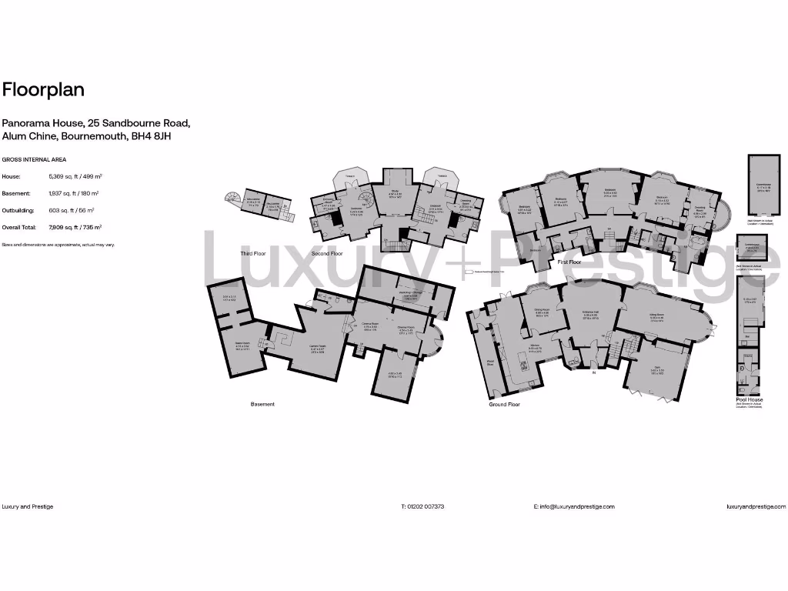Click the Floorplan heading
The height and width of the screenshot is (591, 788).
coord(43,90)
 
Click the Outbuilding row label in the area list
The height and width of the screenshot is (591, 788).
coord(21,210)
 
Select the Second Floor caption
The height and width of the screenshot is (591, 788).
coord(327,252)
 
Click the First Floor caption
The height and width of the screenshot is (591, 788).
coord(569,262)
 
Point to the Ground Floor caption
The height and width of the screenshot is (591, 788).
coord(504,404)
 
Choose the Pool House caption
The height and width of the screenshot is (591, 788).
coord(750,400)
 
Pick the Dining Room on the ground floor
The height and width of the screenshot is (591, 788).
coord(541,312)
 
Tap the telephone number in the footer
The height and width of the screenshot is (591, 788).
coord(422,506)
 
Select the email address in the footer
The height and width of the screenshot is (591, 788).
coord(574,506)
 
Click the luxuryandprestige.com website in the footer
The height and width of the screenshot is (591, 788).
coord(756,506)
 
